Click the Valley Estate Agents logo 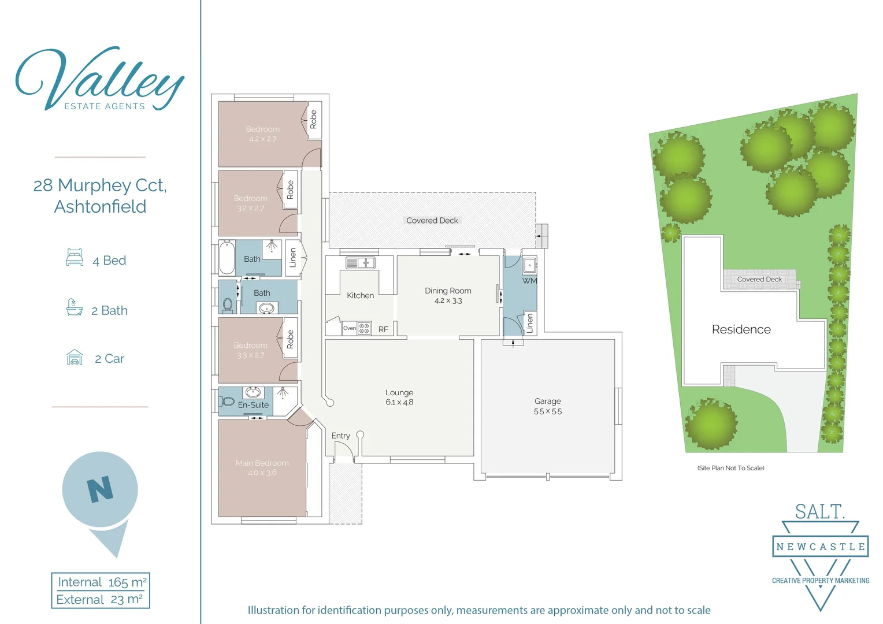[x=99, y=80]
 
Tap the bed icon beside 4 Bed [x=75, y=257]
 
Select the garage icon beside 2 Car [x=75, y=358]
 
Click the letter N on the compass [x=100, y=489]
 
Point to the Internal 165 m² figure [x=102, y=582]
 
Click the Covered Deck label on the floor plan [x=432, y=221]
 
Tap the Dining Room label [x=448, y=291]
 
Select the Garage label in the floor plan [x=547, y=401]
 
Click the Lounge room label [x=399, y=392]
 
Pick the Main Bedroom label [x=262, y=463]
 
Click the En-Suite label [x=253, y=405]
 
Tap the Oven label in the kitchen [x=350, y=328]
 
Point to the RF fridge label [x=383, y=329]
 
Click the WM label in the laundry [x=529, y=281]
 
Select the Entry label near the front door [x=340, y=436]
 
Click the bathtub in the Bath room [x=227, y=258]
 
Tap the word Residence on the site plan [x=741, y=329]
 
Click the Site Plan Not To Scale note [x=730, y=468]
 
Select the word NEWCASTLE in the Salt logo [x=820, y=547]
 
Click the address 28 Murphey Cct [x=100, y=185]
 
